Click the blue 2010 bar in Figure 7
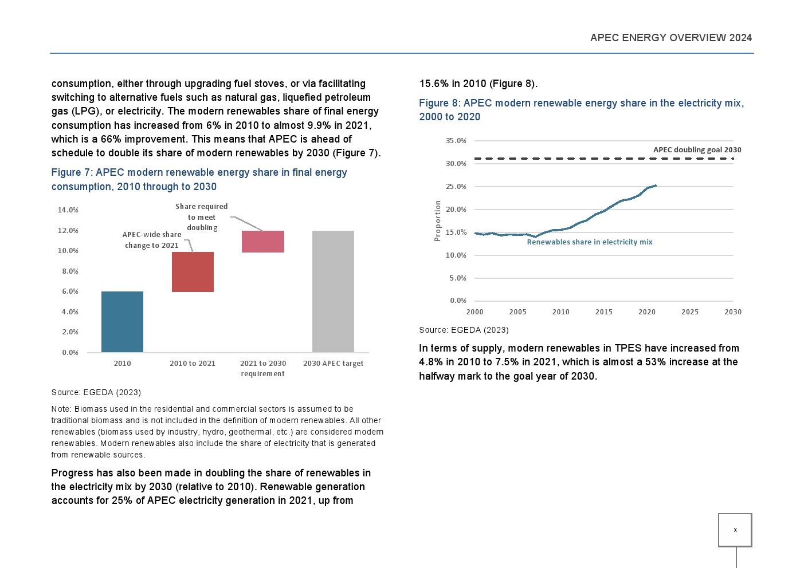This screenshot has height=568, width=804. (122, 322)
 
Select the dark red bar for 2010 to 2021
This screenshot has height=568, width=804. (193, 272)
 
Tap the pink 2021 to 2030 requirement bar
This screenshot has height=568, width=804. (263, 242)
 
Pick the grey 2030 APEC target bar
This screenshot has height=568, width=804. (333, 291)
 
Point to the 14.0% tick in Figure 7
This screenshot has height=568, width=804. (68, 210)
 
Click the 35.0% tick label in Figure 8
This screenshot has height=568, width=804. (456, 141)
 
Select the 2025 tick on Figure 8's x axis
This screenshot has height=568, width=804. (690, 312)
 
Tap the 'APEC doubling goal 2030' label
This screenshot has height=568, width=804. (697, 150)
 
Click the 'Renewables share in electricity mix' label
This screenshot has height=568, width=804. (590, 242)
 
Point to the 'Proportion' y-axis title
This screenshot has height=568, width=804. (438, 220)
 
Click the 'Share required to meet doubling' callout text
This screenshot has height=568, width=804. (202, 217)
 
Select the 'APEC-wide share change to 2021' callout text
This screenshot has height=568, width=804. (152, 240)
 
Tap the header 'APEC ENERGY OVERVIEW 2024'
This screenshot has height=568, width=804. (671, 38)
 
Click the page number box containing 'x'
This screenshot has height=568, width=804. (735, 530)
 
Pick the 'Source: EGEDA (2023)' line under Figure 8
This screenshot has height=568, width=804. (464, 330)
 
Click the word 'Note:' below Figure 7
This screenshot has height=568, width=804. (61, 409)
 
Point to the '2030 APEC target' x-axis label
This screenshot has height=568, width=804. (333, 364)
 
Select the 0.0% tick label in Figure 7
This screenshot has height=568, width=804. (70, 353)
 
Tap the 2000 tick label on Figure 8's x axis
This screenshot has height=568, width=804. (475, 312)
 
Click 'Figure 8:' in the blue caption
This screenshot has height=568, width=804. (440, 103)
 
